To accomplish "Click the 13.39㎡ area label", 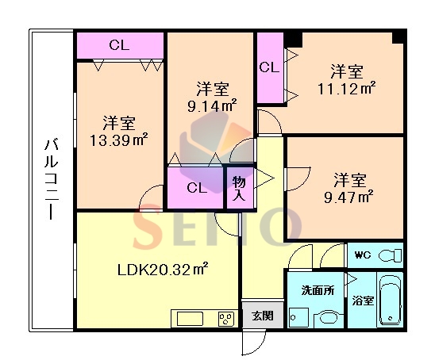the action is click(118, 140).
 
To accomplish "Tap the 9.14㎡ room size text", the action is click(212, 105).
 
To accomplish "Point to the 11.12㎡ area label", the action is click(347, 89).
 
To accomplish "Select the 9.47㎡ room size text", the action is click(348, 197).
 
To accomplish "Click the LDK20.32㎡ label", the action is click(164, 269).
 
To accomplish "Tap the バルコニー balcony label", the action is click(52, 180).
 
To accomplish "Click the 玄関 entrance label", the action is click(263, 316).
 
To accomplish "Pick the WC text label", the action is click(363, 255).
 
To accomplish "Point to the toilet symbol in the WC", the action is click(391, 255).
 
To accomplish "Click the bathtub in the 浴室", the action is click(391, 300).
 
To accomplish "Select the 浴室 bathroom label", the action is click(363, 301).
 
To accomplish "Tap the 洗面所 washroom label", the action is click(318, 290).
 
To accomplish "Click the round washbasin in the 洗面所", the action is click(329, 318).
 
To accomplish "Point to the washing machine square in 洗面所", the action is click(298, 318).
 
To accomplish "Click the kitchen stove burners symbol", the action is click(226, 319).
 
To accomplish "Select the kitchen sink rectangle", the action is click(191, 319).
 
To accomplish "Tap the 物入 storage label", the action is click(239, 189).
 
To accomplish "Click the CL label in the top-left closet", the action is click(119, 45).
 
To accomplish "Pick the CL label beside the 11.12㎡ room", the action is click(269, 67).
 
